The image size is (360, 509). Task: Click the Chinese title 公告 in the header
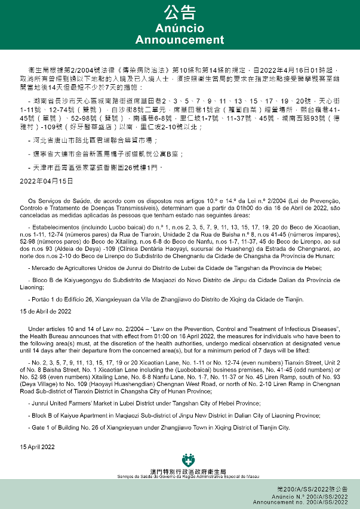[180, 13]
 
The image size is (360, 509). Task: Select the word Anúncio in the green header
[180, 29]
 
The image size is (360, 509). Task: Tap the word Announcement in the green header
[180, 40]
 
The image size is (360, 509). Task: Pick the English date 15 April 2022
[37, 446]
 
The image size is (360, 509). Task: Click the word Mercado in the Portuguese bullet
[43, 268]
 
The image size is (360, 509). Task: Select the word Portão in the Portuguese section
[41, 298]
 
